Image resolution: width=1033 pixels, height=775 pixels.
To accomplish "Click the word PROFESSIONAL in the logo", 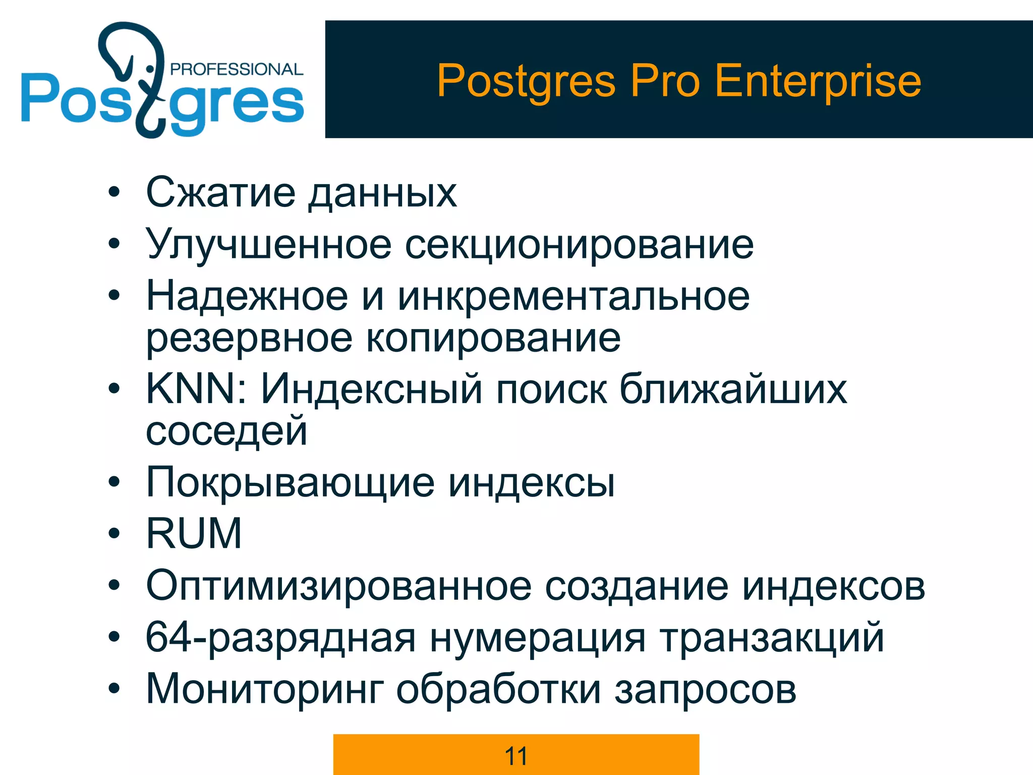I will click(x=237, y=69).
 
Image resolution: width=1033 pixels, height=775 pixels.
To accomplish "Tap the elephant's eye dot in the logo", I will click(x=149, y=69).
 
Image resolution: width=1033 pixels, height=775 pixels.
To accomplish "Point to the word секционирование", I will click(x=579, y=245).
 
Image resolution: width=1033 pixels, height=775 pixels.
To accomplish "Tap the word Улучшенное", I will click(x=268, y=245).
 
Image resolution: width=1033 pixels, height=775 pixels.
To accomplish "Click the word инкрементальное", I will click(x=573, y=296).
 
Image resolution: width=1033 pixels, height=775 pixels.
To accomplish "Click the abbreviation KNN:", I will click(x=197, y=389).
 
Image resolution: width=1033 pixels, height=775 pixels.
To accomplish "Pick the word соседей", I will click(x=226, y=431).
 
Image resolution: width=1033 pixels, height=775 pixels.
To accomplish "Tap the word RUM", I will click(x=194, y=533).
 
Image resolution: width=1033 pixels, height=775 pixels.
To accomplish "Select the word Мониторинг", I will click(x=265, y=689).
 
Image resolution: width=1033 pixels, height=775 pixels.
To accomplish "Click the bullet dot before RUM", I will click(x=114, y=533).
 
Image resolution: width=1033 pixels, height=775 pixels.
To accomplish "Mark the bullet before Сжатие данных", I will click(x=114, y=192).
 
